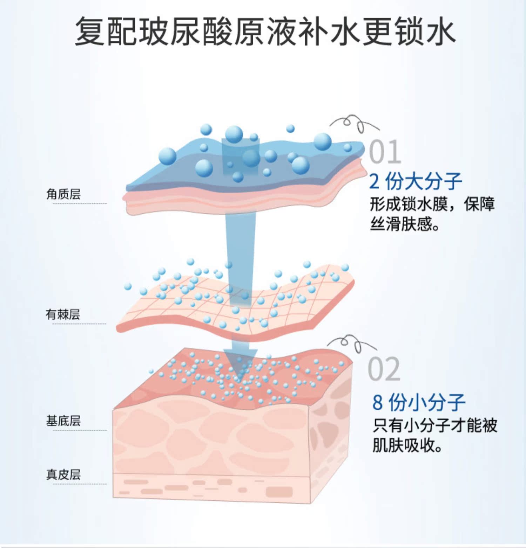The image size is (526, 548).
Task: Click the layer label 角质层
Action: pyautogui.click(x=63, y=194)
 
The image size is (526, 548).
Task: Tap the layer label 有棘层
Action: pyautogui.click(x=63, y=314)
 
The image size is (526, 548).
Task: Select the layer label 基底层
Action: pyautogui.click(x=63, y=421)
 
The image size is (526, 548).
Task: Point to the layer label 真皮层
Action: pyautogui.click(x=63, y=474)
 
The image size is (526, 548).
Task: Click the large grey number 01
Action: pyautogui.click(x=385, y=152)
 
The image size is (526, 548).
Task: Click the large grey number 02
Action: pyautogui.click(x=384, y=369)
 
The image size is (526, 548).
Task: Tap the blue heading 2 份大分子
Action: pyautogui.click(x=416, y=181)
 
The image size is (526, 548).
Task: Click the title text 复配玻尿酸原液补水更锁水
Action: pyautogui.click(x=265, y=32)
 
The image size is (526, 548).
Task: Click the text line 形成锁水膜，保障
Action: pyautogui.click(x=432, y=204)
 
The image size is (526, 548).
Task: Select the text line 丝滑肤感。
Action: pyautogui.click(x=405, y=223)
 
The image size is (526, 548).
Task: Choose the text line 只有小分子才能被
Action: pyautogui.click(x=435, y=425)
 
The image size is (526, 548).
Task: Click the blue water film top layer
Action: pyautogui.click(x=196, y=175)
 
